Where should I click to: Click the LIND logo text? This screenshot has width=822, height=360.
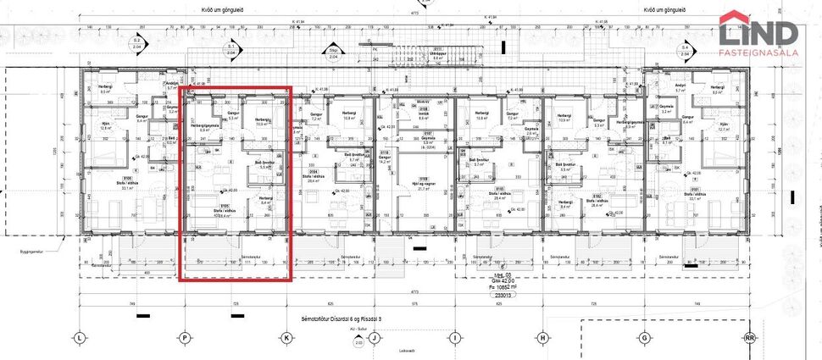tap(758, 32)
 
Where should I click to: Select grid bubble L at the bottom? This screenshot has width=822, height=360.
tap(79, 336)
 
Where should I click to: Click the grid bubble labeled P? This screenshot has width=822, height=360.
tap(184, 336)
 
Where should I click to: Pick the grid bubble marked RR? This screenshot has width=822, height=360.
tap(748, 336)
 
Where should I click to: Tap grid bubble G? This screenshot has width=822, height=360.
tap(645, 336)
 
